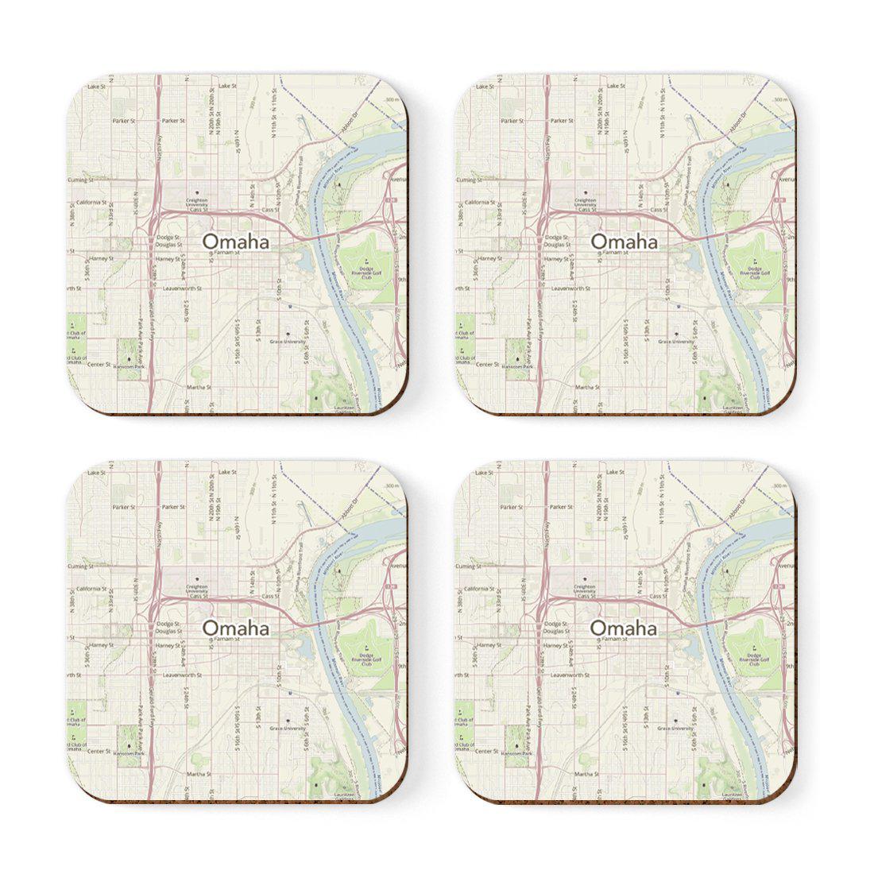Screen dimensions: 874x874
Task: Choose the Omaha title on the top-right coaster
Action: tap(624, 242)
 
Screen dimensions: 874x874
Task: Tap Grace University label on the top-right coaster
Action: tap(675, 341)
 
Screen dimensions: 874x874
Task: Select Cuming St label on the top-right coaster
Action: tap(468, 180)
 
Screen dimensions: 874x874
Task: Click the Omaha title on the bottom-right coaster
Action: tap(624, 628)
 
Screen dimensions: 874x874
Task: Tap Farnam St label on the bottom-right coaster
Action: tap(615, 639)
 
